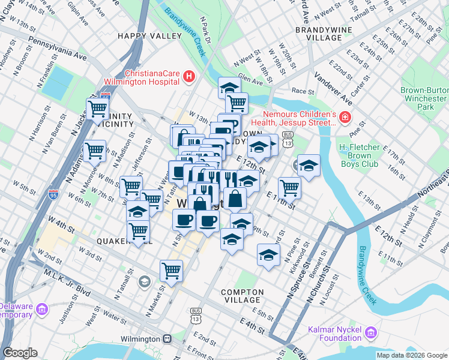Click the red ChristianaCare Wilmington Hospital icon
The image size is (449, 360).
[x=189, y=76]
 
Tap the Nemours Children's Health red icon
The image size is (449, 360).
[x=345, y=116]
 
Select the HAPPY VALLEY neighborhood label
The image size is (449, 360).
[x=149, y=36]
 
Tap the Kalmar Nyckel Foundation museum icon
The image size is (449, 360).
[x=370, y=332]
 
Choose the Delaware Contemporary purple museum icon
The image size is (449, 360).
[x=41, y=309]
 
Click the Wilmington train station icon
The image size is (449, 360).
[x=167, y=339]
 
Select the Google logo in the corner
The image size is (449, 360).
[x=20, y=353]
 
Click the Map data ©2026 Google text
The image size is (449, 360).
[x=411, y=355]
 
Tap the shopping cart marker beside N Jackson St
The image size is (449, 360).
[x=97, y=109]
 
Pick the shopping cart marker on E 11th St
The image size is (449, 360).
[x=289, y=187]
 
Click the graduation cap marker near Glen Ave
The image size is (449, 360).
[x=229, y=88]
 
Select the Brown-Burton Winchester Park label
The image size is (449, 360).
[x=424, y=98]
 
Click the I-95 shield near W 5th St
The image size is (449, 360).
[x=53, y=194]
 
